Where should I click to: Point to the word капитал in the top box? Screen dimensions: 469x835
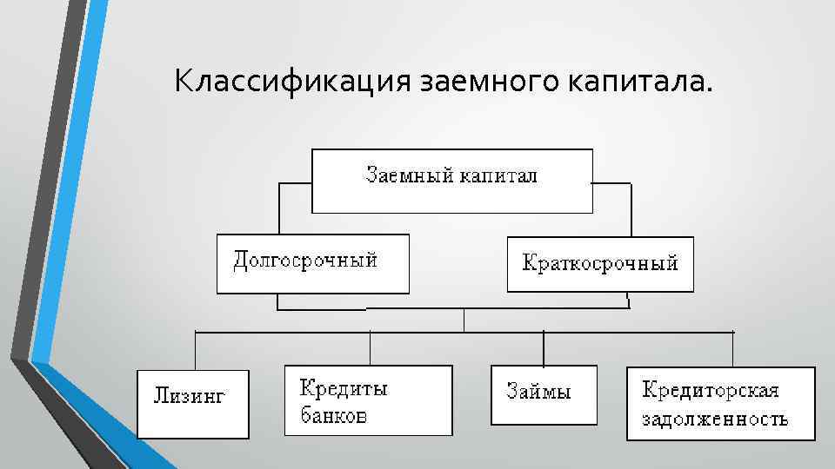point(498,175)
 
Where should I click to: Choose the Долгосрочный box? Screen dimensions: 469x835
point(312,263)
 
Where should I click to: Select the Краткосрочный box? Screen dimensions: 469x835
point(600,264)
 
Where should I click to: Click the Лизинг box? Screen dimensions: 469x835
point(193,403)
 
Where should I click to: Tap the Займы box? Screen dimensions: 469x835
point(544,395)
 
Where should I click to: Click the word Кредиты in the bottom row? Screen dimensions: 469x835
point(344,388)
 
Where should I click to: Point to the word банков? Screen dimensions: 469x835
point(334,415)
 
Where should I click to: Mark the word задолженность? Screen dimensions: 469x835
point(715,419)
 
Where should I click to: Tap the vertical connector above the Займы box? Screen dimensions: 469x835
point(544,348)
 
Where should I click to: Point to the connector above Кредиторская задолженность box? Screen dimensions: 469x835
point(733,348)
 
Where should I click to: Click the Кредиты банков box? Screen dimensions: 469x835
point(369,400)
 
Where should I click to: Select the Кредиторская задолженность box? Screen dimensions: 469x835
point(721,404)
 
